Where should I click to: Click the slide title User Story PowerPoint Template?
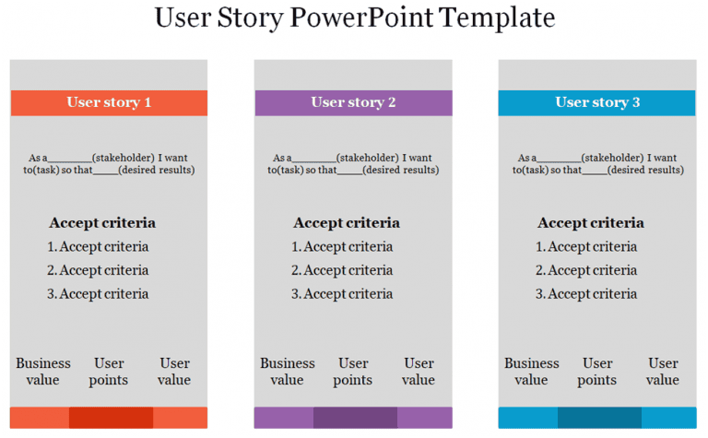tap(354, 18)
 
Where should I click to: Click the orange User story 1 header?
tap(109, 102)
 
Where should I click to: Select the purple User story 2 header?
tap(353, 102)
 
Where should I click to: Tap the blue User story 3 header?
tap(597, 102)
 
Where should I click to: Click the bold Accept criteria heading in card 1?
tap(102, 222)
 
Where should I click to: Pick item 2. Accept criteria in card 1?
tap(98, 270)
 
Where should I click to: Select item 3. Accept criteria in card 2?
tap(342, 294)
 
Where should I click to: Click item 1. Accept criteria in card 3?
tap(586, 246)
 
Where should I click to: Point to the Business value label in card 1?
tap(43, 372)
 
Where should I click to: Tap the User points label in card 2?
tap(353, 372)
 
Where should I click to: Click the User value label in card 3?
tap(663, 372)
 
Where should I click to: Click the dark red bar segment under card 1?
tap(111, 418)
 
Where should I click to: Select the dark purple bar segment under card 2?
tap(355, 418)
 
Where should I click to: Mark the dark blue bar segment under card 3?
tap(599, 418)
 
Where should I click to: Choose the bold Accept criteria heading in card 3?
tap(591, 222)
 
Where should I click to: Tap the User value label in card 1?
tap(174, 372)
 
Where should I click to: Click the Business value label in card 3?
tap(532, 372)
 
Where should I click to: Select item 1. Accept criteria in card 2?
tap(342, 246)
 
